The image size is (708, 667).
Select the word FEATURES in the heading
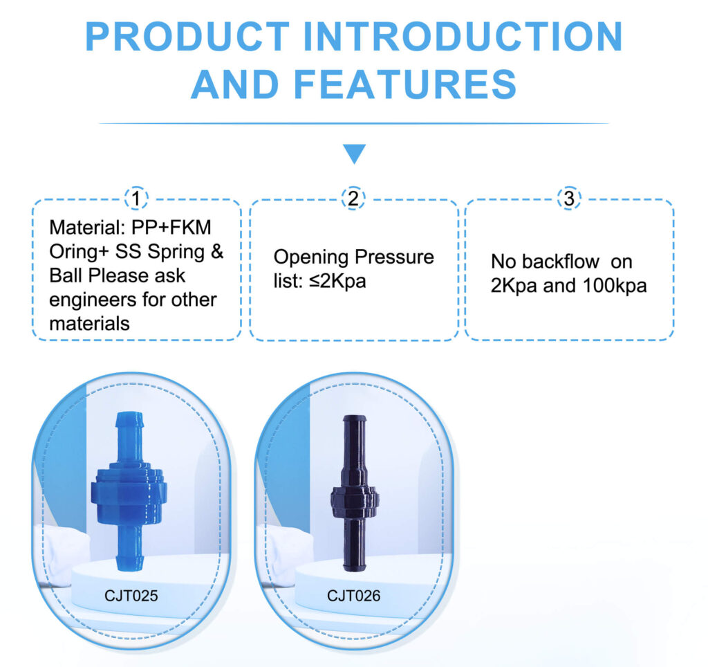[x=404, y=84]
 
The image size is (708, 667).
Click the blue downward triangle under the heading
[x=354, y=154]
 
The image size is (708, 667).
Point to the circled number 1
[x=137, y=199]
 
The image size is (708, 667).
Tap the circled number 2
[x=353, y=199]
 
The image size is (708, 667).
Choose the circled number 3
[x=569, y=199]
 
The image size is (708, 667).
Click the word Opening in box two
[x=311, y=257]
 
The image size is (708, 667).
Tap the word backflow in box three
[x=552, y=263]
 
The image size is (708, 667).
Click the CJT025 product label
[x=130, y=595]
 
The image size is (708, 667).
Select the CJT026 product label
[x=353, y=595]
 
